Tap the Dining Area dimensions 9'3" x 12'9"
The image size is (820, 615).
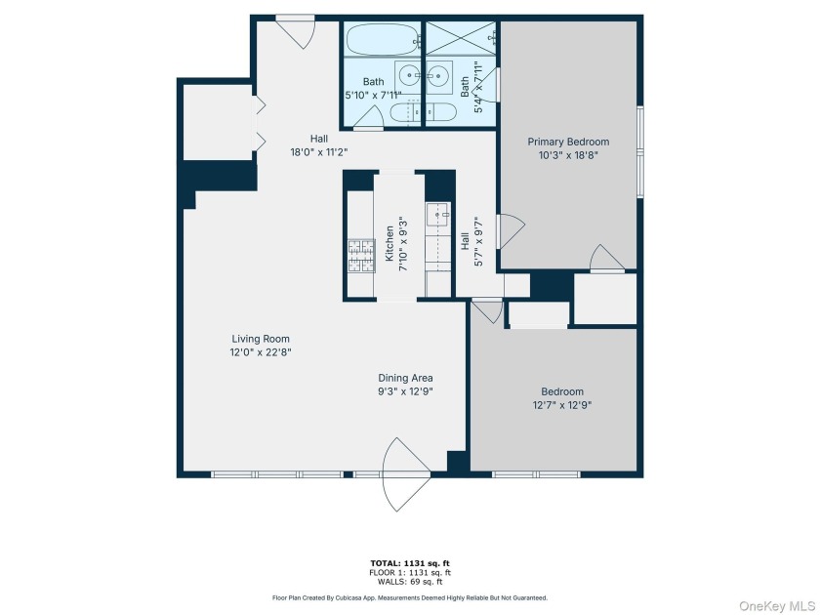[405, 391]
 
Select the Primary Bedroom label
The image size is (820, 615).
[568, 143]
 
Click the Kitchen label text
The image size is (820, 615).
[389, 243]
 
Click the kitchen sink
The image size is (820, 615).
[436, 213]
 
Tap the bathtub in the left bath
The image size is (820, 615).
[382, 41]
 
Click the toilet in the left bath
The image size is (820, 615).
[402, 112]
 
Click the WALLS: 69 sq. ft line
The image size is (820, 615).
[409, 581]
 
